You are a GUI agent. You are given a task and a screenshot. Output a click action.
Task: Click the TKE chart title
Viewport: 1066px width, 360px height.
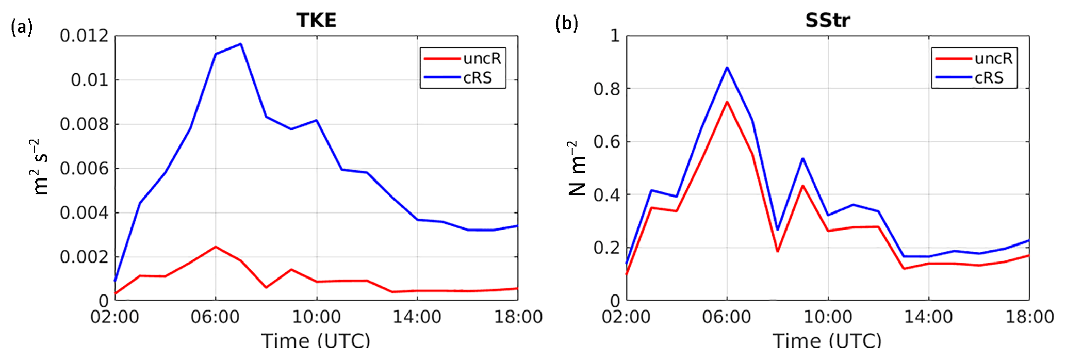[316, 20]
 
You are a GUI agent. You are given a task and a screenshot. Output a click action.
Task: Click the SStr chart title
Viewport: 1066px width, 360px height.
[827, 20]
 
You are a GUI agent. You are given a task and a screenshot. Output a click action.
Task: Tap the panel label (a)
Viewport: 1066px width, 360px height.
[22, 26]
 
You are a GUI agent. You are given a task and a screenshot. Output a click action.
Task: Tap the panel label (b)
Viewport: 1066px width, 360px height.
[566, 24]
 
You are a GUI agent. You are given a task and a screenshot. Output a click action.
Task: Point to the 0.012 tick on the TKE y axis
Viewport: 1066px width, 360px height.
[85, 36]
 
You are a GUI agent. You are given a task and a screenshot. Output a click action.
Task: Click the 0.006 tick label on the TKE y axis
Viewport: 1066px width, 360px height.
[85, 169]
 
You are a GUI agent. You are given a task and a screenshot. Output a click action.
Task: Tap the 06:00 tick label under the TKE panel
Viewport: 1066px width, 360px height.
[215, 317]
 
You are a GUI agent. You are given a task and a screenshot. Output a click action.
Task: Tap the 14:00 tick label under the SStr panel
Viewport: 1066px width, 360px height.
[928, 317]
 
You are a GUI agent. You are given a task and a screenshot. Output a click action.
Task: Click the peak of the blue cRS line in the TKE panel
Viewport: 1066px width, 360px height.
[240, 44]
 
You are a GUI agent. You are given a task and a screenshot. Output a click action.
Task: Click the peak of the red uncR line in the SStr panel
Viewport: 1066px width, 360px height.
[727, 102]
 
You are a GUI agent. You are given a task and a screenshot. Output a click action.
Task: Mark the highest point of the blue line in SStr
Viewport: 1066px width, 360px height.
[727, 68]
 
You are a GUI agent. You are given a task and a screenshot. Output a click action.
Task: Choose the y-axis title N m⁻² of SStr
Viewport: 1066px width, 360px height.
[578, 169]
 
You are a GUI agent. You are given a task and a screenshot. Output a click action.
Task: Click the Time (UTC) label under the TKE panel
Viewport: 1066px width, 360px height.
[316, 341]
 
